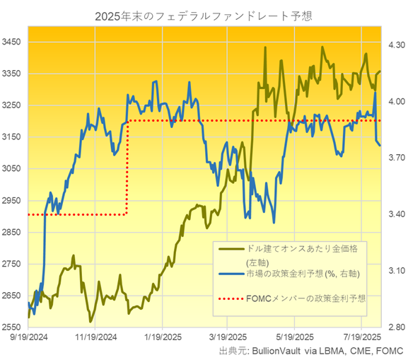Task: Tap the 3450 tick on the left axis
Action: pos(13,42)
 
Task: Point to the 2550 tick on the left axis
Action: pos(13,327)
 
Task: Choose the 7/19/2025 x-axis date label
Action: pos(361,338)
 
